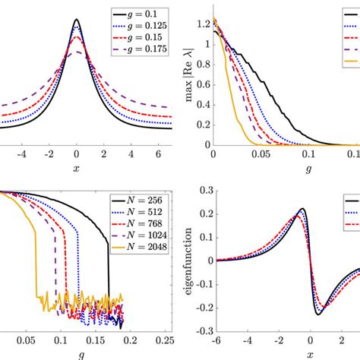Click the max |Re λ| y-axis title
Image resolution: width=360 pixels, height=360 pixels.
(184, 76)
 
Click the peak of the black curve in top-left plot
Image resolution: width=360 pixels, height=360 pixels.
(77, 20)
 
